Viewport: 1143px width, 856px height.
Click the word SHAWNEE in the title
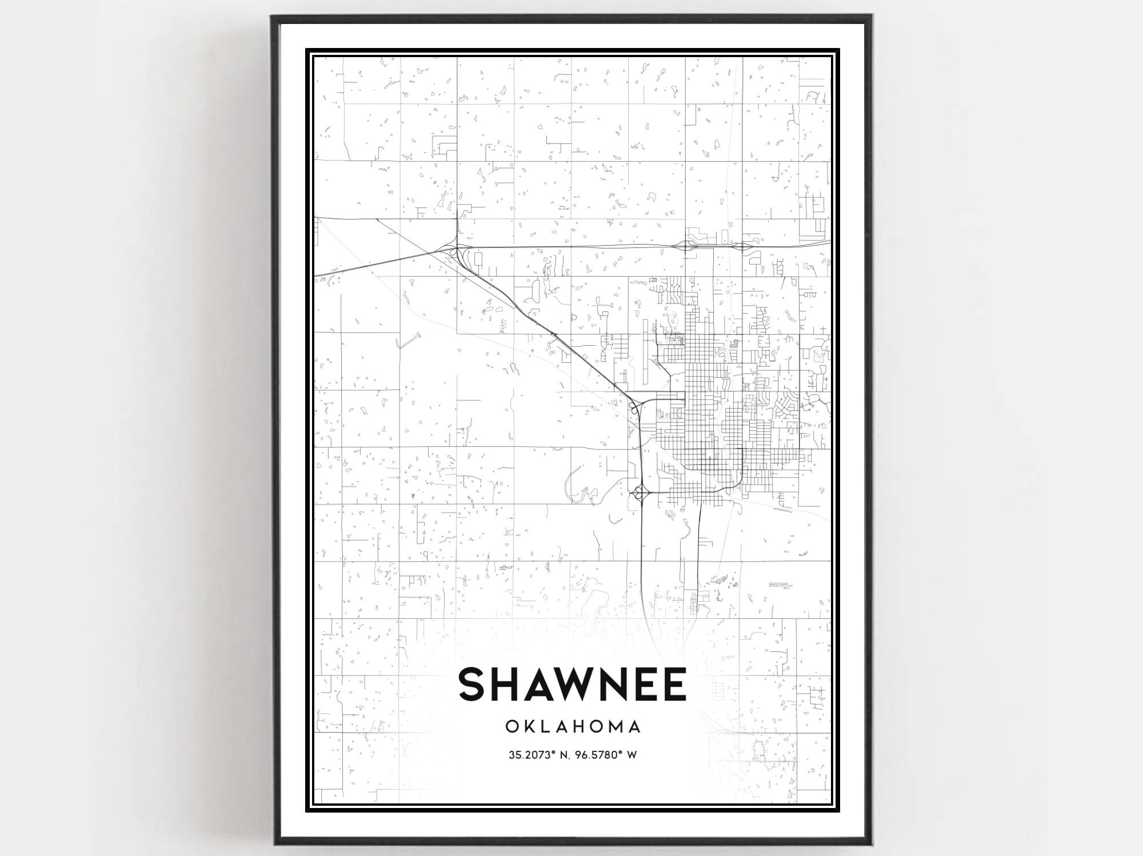click(572, 685)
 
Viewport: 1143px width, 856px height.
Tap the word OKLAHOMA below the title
click(573, 727)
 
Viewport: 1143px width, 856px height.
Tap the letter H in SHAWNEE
click(505, 685)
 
